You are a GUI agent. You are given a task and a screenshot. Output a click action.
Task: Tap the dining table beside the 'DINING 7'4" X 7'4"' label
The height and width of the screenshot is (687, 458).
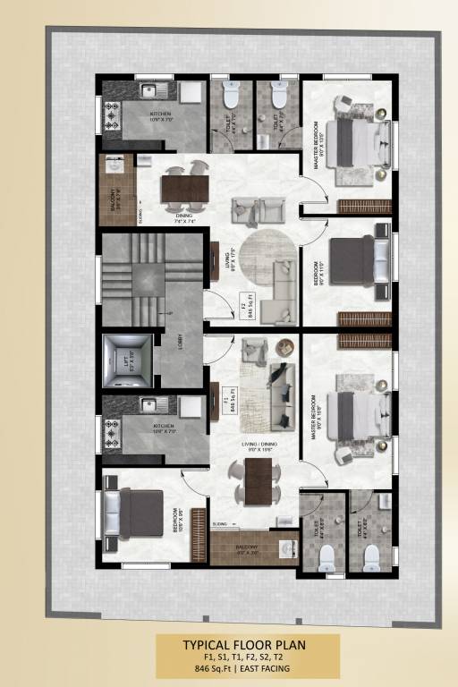184,188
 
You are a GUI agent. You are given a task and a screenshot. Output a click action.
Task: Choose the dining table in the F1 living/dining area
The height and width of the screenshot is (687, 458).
259,480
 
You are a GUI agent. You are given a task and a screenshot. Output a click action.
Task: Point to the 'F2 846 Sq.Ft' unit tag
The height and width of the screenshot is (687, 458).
245,310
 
